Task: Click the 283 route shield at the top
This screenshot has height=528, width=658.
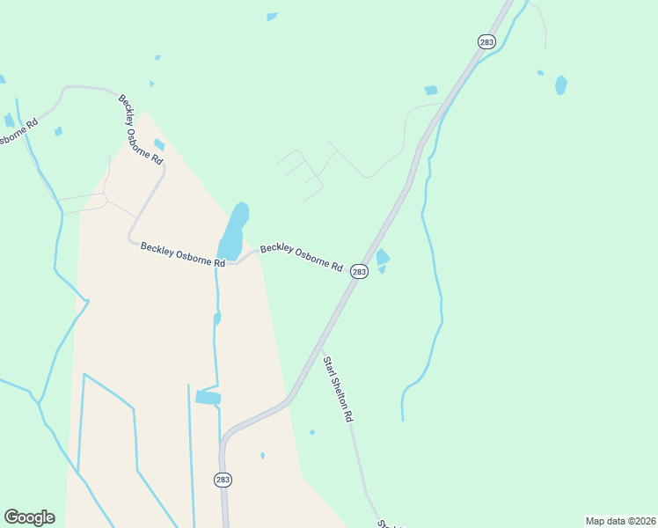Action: point(486,41)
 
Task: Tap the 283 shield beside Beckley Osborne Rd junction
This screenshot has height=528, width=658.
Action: point(359,272)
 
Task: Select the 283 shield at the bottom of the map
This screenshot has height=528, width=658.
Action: point(223,480)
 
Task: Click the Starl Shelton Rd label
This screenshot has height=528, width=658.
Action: point(337,389)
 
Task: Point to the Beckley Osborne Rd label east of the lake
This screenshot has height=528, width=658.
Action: point(301,257)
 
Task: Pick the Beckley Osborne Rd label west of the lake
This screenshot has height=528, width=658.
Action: point(177,256)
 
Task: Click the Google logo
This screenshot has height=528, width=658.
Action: point(29,517)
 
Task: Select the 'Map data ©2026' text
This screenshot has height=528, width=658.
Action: point(620,521)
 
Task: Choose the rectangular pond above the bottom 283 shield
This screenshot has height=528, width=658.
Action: point(208,398)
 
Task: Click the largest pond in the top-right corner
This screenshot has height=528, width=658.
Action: point(561,85)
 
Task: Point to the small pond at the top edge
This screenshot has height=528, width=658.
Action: point(272,17)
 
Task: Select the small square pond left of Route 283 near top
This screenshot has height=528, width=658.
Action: point(431,90)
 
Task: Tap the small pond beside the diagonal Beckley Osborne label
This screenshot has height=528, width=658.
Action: point(159,145)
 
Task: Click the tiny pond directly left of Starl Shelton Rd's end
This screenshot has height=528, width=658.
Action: point(312,432)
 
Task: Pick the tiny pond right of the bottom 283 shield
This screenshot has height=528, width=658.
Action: point(262,455)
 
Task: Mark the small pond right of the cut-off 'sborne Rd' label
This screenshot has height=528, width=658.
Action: point(58,132)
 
